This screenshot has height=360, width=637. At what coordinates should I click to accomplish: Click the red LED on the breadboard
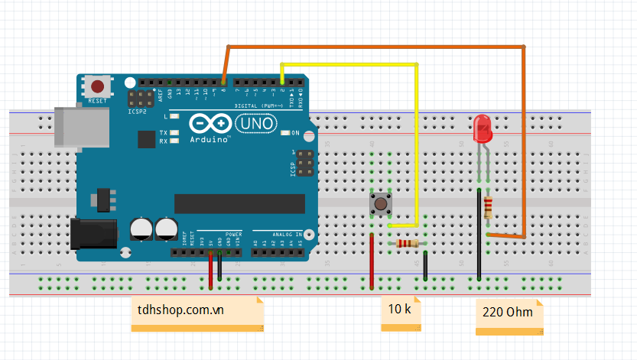click(x=483, y=128)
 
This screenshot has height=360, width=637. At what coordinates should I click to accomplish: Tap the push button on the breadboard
click(x=380, y=203)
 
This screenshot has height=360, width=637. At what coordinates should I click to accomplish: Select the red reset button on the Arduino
click(x=98, y=86)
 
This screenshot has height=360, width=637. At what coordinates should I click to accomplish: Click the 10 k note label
click(x=401, y=310)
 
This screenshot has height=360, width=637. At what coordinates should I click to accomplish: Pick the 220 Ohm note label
click(x=509, y=313)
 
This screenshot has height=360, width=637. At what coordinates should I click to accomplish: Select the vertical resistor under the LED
click(x=488, y=206)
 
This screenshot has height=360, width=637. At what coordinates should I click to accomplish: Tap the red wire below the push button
click(x=372, y=264)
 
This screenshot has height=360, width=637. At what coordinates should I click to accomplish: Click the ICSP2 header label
click(x=137, y=112)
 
